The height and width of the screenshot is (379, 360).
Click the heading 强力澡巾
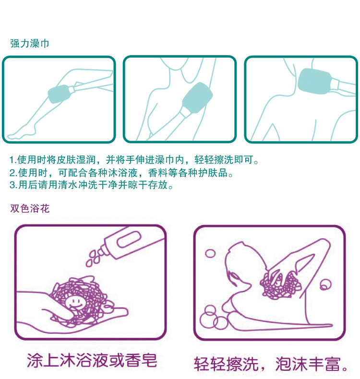tap(29, 44)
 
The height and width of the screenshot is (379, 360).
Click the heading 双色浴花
tap(30, 208)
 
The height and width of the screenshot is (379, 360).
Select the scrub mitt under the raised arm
tap(197, 97)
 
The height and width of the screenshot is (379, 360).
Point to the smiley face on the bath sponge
tap(75, 303)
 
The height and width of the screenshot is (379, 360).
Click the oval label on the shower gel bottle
tap(129, 239)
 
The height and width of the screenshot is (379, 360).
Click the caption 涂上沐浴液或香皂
tap(92, 361)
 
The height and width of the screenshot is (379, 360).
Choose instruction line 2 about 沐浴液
tap(121, 173)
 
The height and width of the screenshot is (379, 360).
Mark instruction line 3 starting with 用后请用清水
tap(91, 185)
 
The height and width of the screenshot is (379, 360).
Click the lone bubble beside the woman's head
tap(210, 254)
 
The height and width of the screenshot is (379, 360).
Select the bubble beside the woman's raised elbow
tap(325, 285)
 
